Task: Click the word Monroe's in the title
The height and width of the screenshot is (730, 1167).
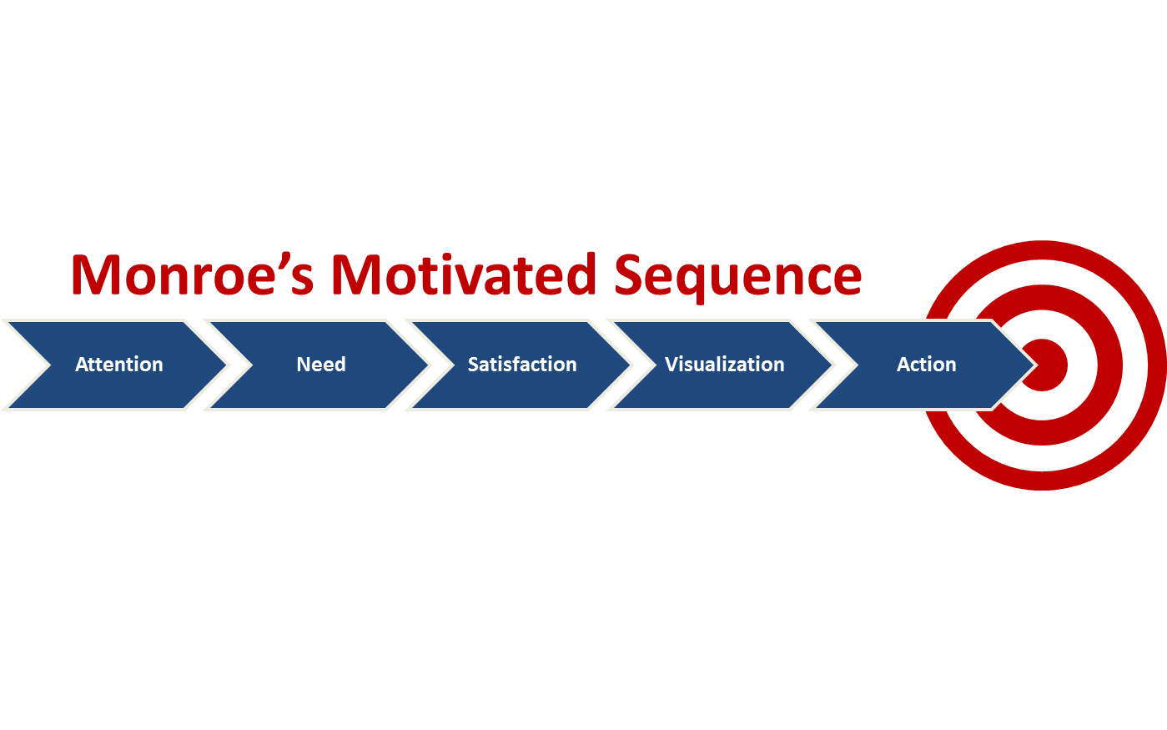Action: coord(193,274)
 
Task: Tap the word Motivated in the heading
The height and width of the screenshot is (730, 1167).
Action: coord(464,274)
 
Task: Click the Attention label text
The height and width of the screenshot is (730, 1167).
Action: coord(119,365)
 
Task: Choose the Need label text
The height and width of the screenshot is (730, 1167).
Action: coord(321,365)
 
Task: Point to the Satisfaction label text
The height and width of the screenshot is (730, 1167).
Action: coord(522,365)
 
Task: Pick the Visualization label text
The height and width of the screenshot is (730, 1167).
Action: coord(724,365)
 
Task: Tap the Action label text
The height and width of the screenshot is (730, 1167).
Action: coord(926,365)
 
